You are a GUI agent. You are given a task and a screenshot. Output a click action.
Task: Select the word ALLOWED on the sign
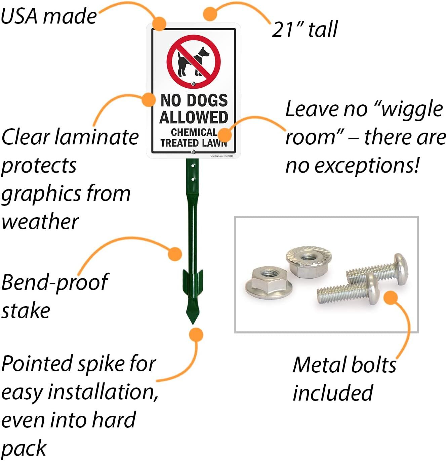(194, 117)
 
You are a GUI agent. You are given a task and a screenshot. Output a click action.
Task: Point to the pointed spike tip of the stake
(193, 321)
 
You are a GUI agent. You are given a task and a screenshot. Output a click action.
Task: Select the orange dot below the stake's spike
(196, 335)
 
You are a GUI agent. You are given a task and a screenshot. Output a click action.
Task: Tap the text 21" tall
(304, 30)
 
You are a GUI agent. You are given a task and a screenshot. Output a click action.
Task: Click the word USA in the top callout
(19, 16)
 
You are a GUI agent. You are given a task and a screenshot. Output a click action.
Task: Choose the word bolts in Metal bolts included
(373, 365)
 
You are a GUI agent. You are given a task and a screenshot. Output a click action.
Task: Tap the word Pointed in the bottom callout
(37, 363)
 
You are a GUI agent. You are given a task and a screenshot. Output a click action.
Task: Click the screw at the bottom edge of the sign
(193, 152)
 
